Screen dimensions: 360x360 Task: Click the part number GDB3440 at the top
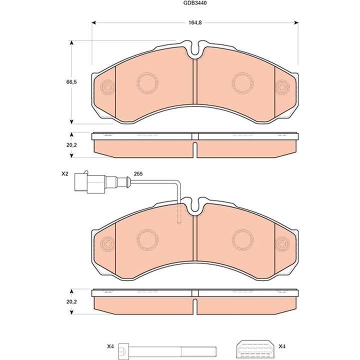point(191,3)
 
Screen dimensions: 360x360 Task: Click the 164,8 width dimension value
point(195,22)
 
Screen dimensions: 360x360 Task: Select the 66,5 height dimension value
point(71,82)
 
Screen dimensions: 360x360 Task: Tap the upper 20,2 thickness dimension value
point(71,145)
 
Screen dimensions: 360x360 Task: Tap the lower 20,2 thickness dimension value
point(71,302)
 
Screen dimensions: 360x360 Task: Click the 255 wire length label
point(138,174)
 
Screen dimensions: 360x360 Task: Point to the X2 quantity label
point(64,174)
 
